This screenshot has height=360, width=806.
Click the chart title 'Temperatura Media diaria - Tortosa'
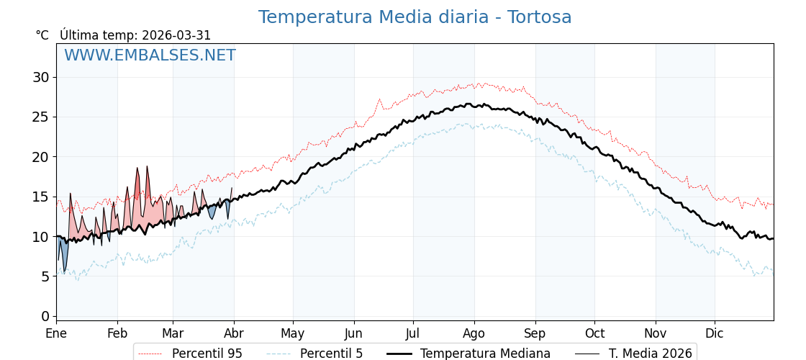point(415,17)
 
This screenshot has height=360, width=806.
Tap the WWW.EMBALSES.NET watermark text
point(150,55)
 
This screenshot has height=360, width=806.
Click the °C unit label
point(42,35)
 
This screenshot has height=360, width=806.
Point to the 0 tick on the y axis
point(45,316)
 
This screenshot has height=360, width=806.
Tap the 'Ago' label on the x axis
point(474,334)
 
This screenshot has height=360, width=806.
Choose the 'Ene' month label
point(56,334)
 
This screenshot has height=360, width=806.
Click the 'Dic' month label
point(714,334)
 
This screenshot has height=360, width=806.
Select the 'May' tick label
point(293,334)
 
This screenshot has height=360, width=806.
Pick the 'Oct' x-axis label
point(594,334)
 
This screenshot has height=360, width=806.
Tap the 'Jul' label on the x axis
point(413,334)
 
